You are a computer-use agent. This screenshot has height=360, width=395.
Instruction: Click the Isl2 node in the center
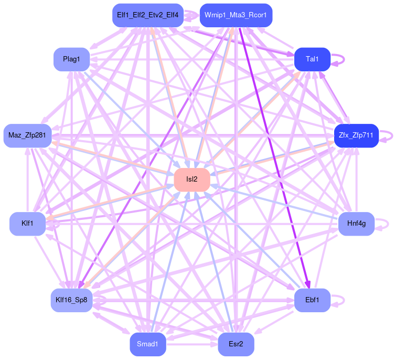pyautogui.click(x=192, y=179)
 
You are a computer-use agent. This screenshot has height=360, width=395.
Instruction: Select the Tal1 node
pyautogui.click(x=312, y=59)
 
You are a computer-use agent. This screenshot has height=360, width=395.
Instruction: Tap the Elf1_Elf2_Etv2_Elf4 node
pyautogui.click(x=147, y=15)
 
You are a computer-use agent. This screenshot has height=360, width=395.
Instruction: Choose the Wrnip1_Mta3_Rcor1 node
pyautogui.click(x=236, y=15)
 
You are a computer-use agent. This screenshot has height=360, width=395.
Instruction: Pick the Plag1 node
pyautogui.click(x=71, y=59)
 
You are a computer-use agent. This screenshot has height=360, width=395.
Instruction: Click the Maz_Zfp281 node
pyautogui.click(x=27, y=135)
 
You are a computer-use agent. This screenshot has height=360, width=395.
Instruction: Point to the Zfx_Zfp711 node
pyautogui.click(x=356, y=135)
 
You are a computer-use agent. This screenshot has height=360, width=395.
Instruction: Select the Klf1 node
pyautogui.click(x=27, y=224)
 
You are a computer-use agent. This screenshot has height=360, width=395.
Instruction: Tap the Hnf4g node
pyautogui.click(x=356, y=224)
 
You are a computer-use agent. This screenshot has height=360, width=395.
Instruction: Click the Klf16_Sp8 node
pyautogui.click(x=71, y=300)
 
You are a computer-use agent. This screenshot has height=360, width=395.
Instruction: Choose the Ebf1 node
pyautogui.click(x=312, y=300)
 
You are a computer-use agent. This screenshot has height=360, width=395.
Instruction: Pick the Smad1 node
pyautogui.click(x=147, y=344)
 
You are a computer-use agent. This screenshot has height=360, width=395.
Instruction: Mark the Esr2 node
pyautogui.click(x=236, y=344)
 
